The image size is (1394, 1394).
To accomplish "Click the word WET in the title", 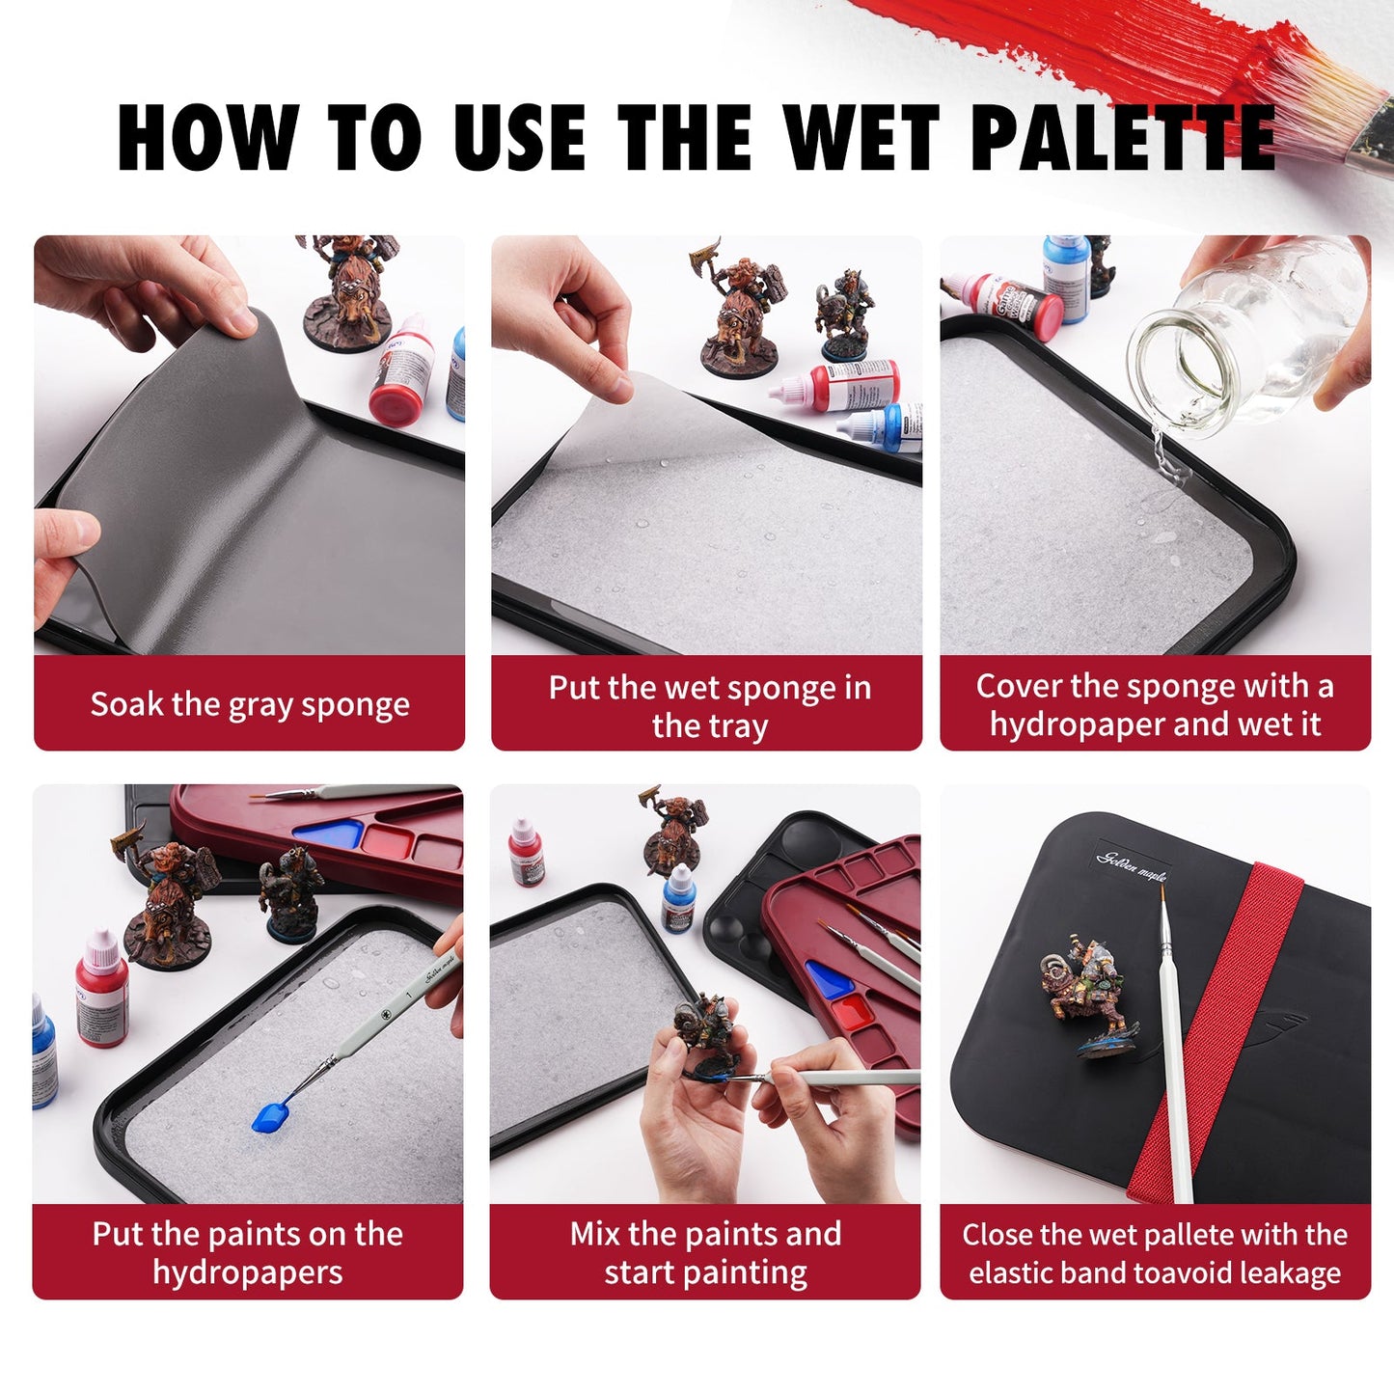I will pos(861,137).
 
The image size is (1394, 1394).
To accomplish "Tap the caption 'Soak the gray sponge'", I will pos(250,704).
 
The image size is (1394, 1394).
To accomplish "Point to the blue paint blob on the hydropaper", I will pos(269,1117).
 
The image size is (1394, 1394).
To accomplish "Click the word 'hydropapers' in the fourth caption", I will pos(248,1273).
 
